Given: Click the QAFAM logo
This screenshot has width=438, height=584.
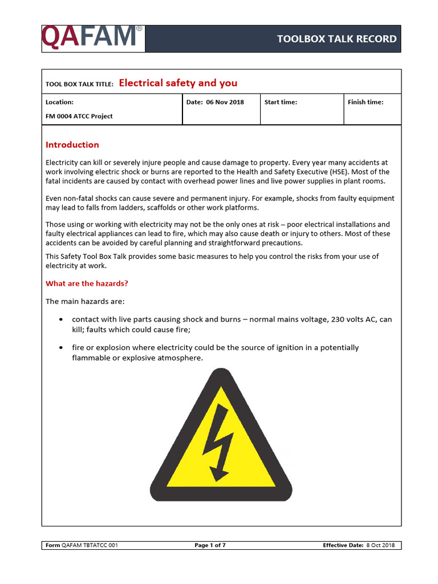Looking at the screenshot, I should [91, 38].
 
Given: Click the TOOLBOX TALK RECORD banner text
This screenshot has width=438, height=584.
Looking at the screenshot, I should [336, 39].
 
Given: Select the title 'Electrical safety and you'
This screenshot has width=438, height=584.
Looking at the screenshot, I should [178, 83].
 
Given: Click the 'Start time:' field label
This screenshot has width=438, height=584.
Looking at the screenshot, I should [281, 102].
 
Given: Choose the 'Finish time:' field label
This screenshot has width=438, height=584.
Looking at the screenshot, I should [366, 102].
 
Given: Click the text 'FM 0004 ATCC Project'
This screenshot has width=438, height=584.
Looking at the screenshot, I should [79, 116].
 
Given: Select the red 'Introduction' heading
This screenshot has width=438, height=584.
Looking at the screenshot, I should [72, 145].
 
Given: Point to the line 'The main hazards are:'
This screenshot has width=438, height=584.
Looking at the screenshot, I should [85, 301].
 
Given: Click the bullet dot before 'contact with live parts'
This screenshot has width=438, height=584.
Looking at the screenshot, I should [61, 320].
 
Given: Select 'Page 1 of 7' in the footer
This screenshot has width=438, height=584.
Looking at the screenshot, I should [210, 545].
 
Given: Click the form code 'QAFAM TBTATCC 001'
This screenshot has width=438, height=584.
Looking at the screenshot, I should [90, 545].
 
